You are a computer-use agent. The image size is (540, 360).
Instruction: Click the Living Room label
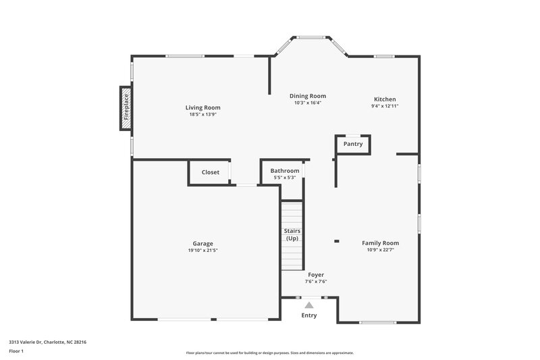coord(202,107)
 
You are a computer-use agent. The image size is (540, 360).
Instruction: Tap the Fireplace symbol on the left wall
coord(126,107)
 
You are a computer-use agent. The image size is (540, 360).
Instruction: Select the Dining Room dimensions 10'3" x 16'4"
coord(307,103)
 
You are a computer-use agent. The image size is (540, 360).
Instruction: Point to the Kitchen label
coord(385,99)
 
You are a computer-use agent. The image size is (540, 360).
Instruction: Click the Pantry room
coord(353,144)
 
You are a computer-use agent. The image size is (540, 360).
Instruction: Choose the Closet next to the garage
coord(210,172)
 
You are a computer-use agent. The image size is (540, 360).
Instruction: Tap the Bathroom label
coord(284,171)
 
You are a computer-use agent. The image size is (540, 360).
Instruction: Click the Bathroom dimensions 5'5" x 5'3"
coord(284,178)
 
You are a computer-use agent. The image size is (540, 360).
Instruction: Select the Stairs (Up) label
coord(292,235)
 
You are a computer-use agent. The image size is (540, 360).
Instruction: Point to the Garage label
coord(202,243)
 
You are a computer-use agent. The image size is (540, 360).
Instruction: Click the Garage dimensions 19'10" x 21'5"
coord(202,250)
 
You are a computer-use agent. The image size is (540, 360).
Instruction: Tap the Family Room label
coord(380,243)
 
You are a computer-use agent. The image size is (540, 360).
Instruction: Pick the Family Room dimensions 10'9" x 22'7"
coord(380,250)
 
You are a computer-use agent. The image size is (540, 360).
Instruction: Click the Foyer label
coord(316,275)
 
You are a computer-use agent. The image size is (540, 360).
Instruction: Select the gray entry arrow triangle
coord(309,305)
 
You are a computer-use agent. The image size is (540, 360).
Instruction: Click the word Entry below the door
coord(309,315)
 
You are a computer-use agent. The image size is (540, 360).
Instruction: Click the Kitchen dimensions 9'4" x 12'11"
coord(385,106)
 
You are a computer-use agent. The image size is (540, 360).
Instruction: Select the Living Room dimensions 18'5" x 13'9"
coord(202,114)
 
